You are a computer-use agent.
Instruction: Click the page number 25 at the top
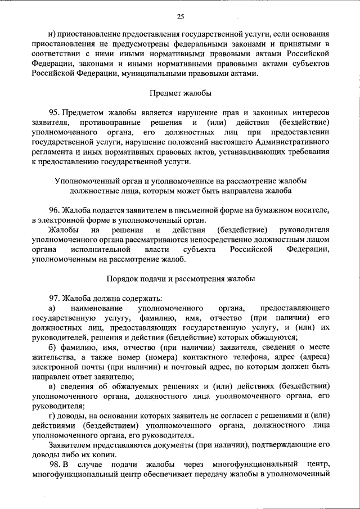[180, 15]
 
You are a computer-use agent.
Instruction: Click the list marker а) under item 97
[51, 308]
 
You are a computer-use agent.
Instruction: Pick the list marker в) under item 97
[51, 387]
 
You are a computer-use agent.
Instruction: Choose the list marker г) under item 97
[51, 416]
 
